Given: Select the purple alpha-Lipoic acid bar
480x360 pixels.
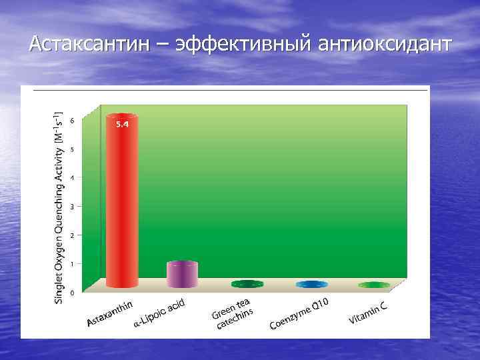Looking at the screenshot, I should pyautogui.click(x=182, y=273).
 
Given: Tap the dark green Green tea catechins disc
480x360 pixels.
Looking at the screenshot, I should pyautogui.click(x=247, y=284).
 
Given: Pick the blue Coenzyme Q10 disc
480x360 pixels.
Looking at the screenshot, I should pyautogui.click(x=312, y=285).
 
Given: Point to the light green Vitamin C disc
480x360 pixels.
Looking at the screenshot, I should pyautogui.click(x=374, y=285).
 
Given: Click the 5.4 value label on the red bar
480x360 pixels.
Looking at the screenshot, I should pyautogui.click(x=122, y=124).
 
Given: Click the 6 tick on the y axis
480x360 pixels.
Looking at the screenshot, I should pyautogui.click(x=73, y=121).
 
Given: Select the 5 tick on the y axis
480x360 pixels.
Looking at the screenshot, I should pyautogui.click(x=73, y=149).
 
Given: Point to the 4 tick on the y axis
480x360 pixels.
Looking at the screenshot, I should pyautogui.click(x=73, y=178).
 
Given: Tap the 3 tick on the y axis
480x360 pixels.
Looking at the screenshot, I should pyautogui.click(x=73, y=207).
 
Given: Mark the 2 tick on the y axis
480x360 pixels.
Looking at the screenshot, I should pyautogui.click(x=73, y=235).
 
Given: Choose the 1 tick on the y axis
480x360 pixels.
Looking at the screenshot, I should pyautogui.click(x=73, y=264).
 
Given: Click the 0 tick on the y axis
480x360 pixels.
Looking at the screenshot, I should pyautogui.click(x=73, y=293).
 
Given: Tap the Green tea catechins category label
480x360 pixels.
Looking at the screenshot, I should pyautogui.click(x=233, y=313).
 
